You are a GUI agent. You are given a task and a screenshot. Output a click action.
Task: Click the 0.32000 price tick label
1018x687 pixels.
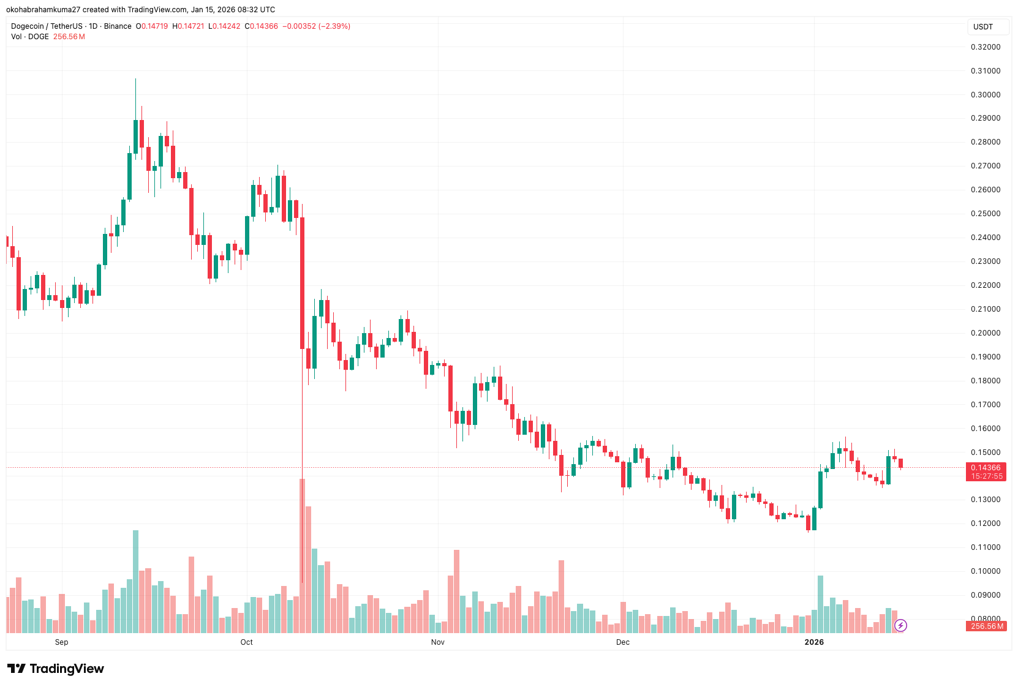[985, 47]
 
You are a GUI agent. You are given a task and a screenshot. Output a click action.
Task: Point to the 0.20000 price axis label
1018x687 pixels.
[985, 333]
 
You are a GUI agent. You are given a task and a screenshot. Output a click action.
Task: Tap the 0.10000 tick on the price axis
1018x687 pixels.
[985, 571]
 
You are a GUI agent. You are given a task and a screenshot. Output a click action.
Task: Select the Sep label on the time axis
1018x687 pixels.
[61, 642]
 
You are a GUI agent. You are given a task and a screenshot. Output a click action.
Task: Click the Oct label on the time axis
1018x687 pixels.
[246, 642]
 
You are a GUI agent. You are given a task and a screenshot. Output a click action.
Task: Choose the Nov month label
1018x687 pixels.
[437, 642]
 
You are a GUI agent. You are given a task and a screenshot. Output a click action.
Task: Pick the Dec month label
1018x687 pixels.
[622, 642]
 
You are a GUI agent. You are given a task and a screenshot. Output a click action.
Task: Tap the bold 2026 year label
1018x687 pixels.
[814, 642]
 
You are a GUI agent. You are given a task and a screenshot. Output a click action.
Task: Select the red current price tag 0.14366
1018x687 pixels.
[986, 468]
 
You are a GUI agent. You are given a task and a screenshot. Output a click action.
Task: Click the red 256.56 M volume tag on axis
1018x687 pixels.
[987, 626]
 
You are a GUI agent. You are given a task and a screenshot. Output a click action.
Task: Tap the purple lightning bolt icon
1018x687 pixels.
[900, 625]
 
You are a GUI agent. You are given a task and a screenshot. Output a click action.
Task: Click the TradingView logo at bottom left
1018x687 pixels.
[56, 669]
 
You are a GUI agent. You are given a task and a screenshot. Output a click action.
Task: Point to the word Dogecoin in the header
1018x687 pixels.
[28, 26]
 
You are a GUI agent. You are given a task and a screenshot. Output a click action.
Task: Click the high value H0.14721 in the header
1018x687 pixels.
[188, 26]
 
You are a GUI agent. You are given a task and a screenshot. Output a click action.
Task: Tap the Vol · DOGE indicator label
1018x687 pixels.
[29, 37]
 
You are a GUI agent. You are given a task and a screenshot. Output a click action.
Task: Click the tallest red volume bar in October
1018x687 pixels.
[302, 555]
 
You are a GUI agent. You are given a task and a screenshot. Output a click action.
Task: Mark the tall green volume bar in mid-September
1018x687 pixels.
[135, 581]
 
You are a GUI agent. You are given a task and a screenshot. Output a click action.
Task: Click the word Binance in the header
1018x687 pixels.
[118, 26]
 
